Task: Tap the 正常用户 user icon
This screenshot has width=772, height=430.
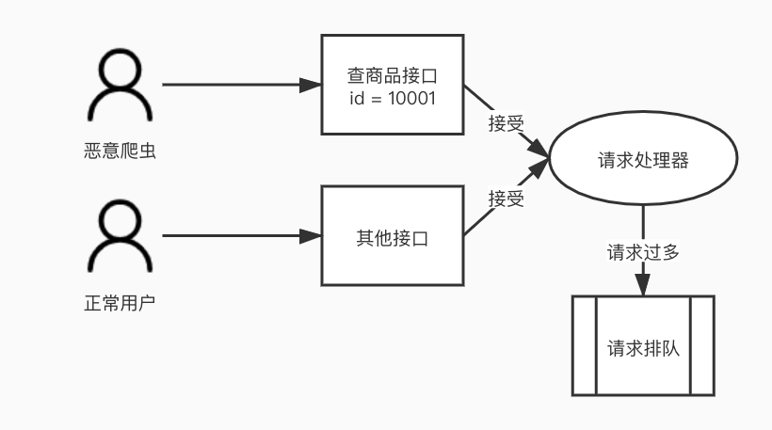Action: [x=120, y=239]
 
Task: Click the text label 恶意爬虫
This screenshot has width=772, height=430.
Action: [x=120, y=151]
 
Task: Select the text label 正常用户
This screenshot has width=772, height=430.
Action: [x=120, y=304]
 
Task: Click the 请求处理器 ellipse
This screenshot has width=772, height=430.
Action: [x=643, y=160]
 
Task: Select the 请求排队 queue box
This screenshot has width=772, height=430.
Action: [x=643, y=345]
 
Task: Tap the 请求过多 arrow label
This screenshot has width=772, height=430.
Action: [x=643, y=252]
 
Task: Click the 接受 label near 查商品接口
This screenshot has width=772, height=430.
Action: [x=506, y=122]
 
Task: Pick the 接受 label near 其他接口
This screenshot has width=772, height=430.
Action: [x=506, y=199]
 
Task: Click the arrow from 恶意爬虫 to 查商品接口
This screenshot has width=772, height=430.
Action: [x=235, y=85]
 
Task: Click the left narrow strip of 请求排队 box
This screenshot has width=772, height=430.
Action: [x=585, y=345]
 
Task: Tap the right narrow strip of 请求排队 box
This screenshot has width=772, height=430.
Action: [x=701, y=345]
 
